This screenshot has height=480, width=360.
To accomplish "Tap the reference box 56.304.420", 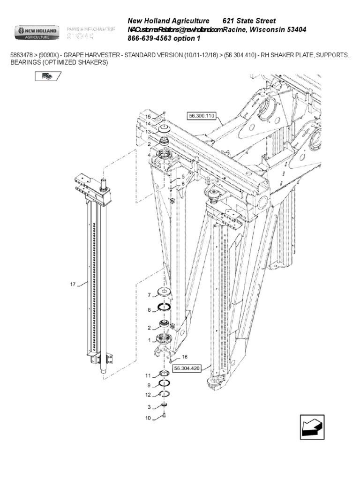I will (187, 368).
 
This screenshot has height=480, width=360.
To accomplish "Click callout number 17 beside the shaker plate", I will (72, 283).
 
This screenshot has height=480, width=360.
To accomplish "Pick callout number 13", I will (148, 132).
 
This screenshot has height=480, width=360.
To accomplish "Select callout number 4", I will (149, 155).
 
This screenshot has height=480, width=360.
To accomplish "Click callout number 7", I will (150, 295).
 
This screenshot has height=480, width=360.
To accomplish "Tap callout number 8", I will (150, 310).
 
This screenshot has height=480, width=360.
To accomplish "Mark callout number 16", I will (184, 357).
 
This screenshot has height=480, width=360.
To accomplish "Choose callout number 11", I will (148, 375).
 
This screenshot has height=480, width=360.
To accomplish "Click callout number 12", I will (148, 394).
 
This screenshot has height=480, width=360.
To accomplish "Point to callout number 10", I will (148, 418).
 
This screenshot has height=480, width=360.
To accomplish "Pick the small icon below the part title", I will (47, 76).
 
